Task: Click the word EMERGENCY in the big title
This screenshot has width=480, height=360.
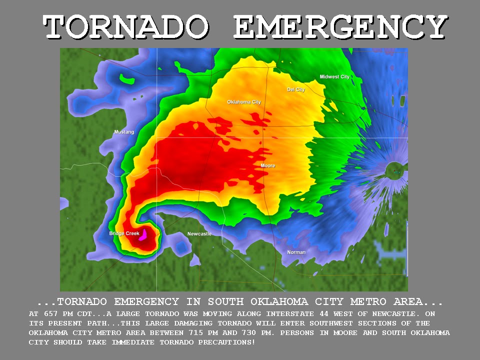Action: (340, 27)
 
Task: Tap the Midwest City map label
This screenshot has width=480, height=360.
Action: (334, 77)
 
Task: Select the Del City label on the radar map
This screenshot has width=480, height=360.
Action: (296, 89)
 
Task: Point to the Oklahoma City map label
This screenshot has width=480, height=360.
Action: (244, 102)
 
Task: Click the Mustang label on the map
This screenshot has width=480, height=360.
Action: (124, 132)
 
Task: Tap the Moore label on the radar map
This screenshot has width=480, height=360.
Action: (267, 165)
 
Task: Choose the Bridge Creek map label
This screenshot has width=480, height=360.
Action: (124, 233)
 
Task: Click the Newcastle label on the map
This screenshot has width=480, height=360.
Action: (199, 234)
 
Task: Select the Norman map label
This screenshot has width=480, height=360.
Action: (296, 252)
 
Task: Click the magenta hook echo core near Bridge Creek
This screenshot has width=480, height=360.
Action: (142, 234)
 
